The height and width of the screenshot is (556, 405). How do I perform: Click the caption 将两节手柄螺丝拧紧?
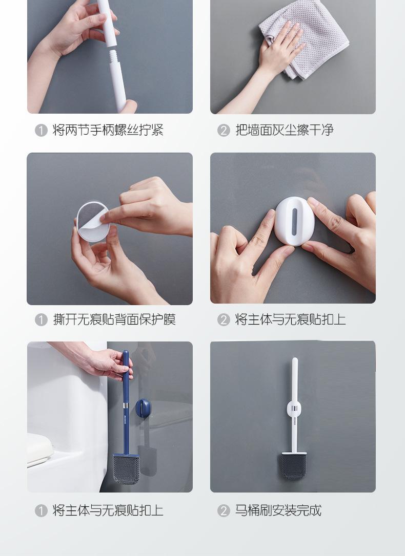point(108,130)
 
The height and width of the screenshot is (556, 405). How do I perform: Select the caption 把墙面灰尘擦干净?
point(285,130)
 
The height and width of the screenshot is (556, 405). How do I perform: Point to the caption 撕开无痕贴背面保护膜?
point(114,319)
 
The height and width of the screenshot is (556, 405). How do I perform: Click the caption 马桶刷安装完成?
point(278,510)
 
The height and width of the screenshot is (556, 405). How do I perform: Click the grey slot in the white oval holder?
point(294,222)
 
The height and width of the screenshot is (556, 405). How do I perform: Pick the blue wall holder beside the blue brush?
point(143,408)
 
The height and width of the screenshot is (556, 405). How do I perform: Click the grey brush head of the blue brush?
point(126,469)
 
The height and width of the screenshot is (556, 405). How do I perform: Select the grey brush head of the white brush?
point(294,465)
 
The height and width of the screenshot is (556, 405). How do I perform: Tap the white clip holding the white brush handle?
point(294,409)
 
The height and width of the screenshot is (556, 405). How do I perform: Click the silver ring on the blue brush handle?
point(126,406)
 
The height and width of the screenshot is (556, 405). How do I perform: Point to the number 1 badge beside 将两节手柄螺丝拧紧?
point(41,130)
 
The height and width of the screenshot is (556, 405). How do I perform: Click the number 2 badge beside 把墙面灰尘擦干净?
point(224,130)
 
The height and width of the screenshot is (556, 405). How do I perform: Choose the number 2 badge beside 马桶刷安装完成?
point(224,510)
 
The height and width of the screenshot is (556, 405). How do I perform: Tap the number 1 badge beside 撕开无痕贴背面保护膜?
point(41,320)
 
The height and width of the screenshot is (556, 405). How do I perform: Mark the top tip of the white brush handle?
point(295,358)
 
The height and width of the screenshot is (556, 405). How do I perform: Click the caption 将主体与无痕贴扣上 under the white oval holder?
point(290,319)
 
